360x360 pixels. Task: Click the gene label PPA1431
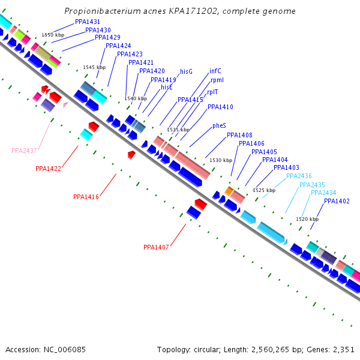tap(88, 22)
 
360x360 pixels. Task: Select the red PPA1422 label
tap(48, 169)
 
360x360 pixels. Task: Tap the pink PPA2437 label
tap(24, 151)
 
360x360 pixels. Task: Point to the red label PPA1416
tap(86, 197)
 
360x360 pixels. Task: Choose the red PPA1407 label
tap(156, 247)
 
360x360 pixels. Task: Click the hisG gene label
tap(186, 71)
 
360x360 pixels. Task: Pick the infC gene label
tap(215, 71)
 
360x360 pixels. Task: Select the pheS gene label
tap(219, 126)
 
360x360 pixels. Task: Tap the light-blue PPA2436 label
tap(299, 176)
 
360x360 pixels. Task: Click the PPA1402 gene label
tap(337, 201)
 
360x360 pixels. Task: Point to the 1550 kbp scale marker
tap(53, 35)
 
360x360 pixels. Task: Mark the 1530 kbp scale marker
tap(221, 160)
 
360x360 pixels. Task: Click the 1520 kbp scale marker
tap(307, 219)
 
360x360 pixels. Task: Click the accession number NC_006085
tap(64, 349)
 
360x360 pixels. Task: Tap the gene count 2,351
tap(343, 349)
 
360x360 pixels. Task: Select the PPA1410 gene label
tap(220, 107)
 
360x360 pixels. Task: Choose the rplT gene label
tap(212, 92)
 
